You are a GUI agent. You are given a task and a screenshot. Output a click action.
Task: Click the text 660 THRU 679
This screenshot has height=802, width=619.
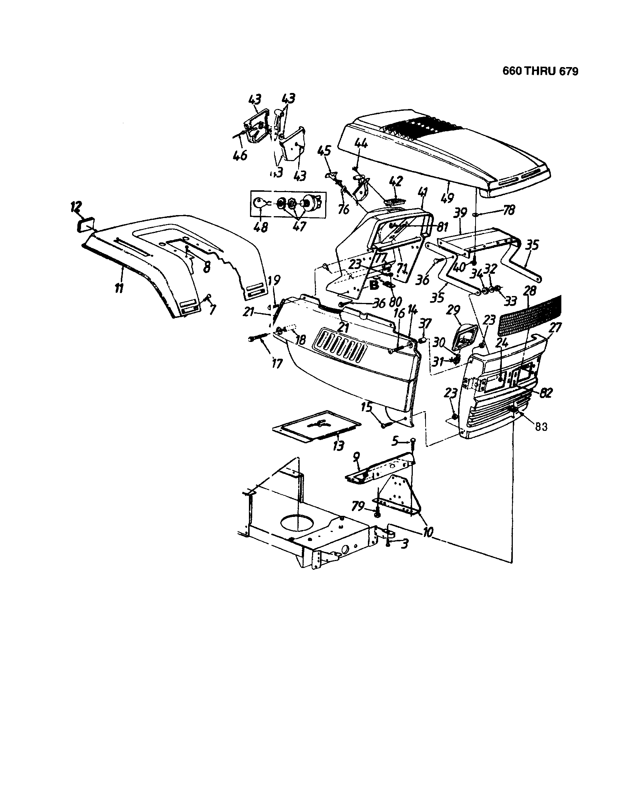pyautogui.click(x=540, y=71)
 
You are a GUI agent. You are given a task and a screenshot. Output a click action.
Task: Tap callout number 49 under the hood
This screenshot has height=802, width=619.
pyautogui.click(x=447, y=198)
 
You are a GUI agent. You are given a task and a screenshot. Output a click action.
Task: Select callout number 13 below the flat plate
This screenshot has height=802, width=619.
pyautogui.click(x=338, y=445)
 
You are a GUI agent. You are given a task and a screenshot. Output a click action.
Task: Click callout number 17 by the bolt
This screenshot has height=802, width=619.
pyautogui.click(x=276, y=363)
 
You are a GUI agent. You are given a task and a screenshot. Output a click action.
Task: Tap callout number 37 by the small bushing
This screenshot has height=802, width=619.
pyautogui.click(x=425, y=323)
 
